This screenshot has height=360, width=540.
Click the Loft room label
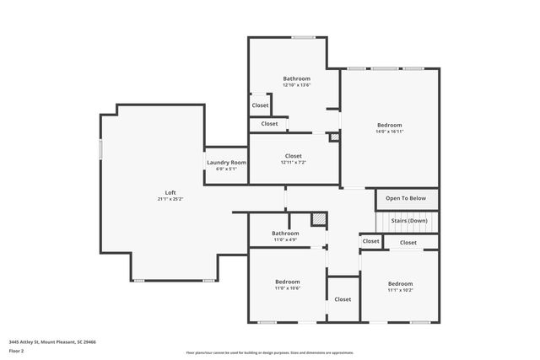[170, 192]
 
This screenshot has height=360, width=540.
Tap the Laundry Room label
[226, 162]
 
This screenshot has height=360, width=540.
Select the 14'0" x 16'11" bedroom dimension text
[389, 132]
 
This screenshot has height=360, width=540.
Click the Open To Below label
[406, 198]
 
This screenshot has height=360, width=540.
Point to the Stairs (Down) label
[409, 221]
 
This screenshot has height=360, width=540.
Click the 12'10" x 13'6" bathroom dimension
[296, 85]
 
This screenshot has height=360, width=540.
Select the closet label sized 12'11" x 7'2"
[293, 156]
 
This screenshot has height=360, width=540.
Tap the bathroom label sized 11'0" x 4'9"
[285, 234]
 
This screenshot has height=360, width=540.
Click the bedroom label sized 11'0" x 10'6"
[287, 282]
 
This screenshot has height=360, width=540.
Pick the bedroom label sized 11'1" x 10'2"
[400, 283]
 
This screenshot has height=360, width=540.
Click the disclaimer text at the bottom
[270, 352]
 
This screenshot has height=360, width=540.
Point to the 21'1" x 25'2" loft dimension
[170, 199]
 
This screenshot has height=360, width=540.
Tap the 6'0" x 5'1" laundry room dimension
[226, 169]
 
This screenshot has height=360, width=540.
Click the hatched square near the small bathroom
[318, 219]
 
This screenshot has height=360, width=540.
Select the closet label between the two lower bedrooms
[343, 299]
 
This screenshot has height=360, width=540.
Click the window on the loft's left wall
[101, 149]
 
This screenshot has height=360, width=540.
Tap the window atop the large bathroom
[303, 37]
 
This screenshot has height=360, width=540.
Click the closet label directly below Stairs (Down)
[408, 243]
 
